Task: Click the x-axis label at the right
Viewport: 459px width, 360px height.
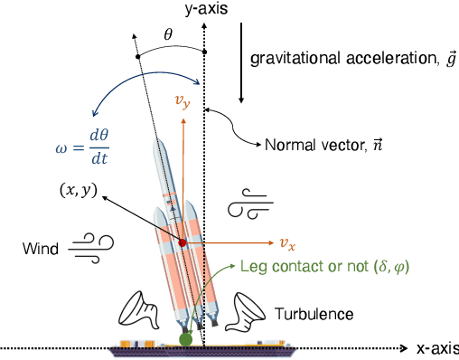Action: tap(436, 347)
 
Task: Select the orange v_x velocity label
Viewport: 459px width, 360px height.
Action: tap(287, 243)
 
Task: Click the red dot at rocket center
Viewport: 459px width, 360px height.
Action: tap(183, 242)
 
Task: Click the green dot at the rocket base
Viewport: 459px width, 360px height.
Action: tap(186, 339)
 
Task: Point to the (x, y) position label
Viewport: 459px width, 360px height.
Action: tap(75, 192)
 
